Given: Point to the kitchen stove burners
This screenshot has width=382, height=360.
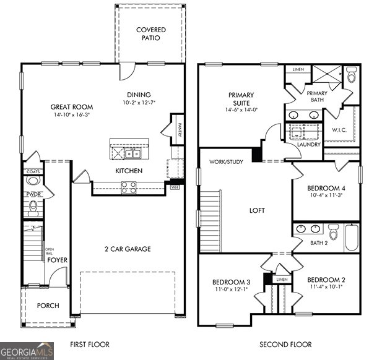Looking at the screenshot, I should [129, 187].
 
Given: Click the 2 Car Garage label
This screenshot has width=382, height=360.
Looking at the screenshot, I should [128, 249].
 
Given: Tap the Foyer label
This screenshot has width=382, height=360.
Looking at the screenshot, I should [58, 260].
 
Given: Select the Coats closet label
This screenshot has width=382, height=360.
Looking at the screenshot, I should [32, 171].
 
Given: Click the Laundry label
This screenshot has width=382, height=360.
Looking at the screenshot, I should [309, 145].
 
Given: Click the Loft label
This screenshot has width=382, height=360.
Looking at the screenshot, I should [257, 210].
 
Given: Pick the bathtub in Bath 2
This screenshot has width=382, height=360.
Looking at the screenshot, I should [351, 238].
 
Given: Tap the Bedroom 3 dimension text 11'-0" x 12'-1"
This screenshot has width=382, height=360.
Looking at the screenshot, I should [231, 289].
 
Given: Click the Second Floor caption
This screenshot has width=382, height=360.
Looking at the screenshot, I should [285, 345].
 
